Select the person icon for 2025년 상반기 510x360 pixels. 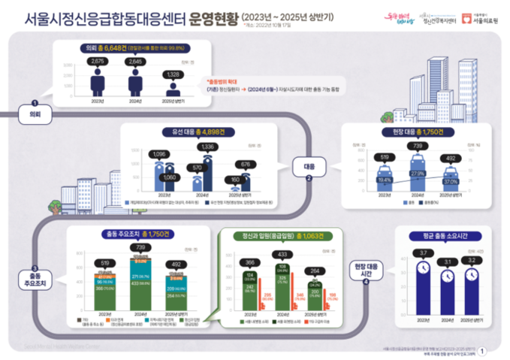pos(174,83)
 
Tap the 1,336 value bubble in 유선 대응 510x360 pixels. pos(210,147)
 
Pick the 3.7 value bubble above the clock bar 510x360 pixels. pos(422,252)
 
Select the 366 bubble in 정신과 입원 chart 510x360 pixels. pos(249,262)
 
